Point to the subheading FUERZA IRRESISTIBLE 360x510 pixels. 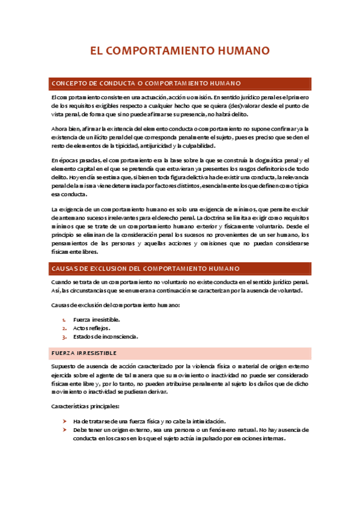tap(84, 352)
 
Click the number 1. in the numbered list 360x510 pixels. tap(64, 319)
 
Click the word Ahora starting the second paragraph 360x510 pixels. tap(59, 129)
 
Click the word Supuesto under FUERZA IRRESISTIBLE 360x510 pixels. tap(65, 366)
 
